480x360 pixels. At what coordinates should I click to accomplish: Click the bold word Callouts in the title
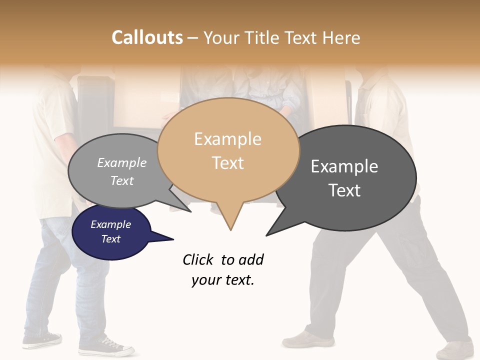click(147, 37)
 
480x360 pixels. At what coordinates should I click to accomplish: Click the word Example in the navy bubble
click(110, 224)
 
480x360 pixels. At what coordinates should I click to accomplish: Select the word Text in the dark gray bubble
click(344, 190)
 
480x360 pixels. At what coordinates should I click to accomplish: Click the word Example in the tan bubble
click(227, 139)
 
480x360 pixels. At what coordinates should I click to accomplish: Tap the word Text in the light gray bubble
click(122, 180)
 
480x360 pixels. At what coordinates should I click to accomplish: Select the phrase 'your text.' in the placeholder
click(223, 280)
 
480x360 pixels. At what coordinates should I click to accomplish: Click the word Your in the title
click(221, 37)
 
